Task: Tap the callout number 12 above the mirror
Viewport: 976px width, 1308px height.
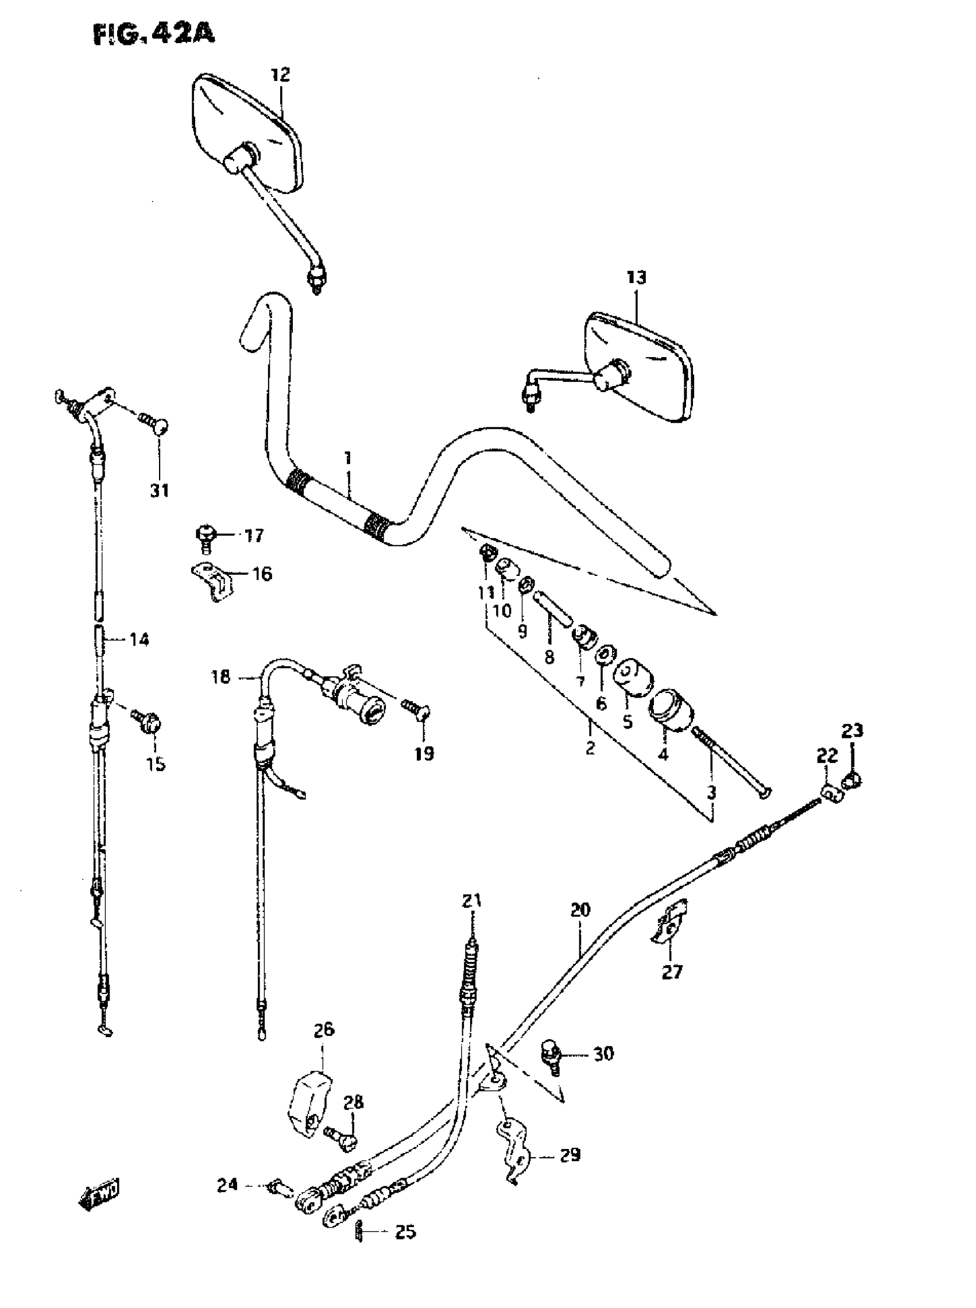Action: (x=281, y=75)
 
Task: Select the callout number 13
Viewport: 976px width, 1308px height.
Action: (x=636, y=277)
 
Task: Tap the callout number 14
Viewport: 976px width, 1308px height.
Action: (x=140, y=639)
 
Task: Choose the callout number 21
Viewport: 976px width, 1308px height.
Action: (x=471, y=901)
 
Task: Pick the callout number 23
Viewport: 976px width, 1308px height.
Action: (x=852, y=731)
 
